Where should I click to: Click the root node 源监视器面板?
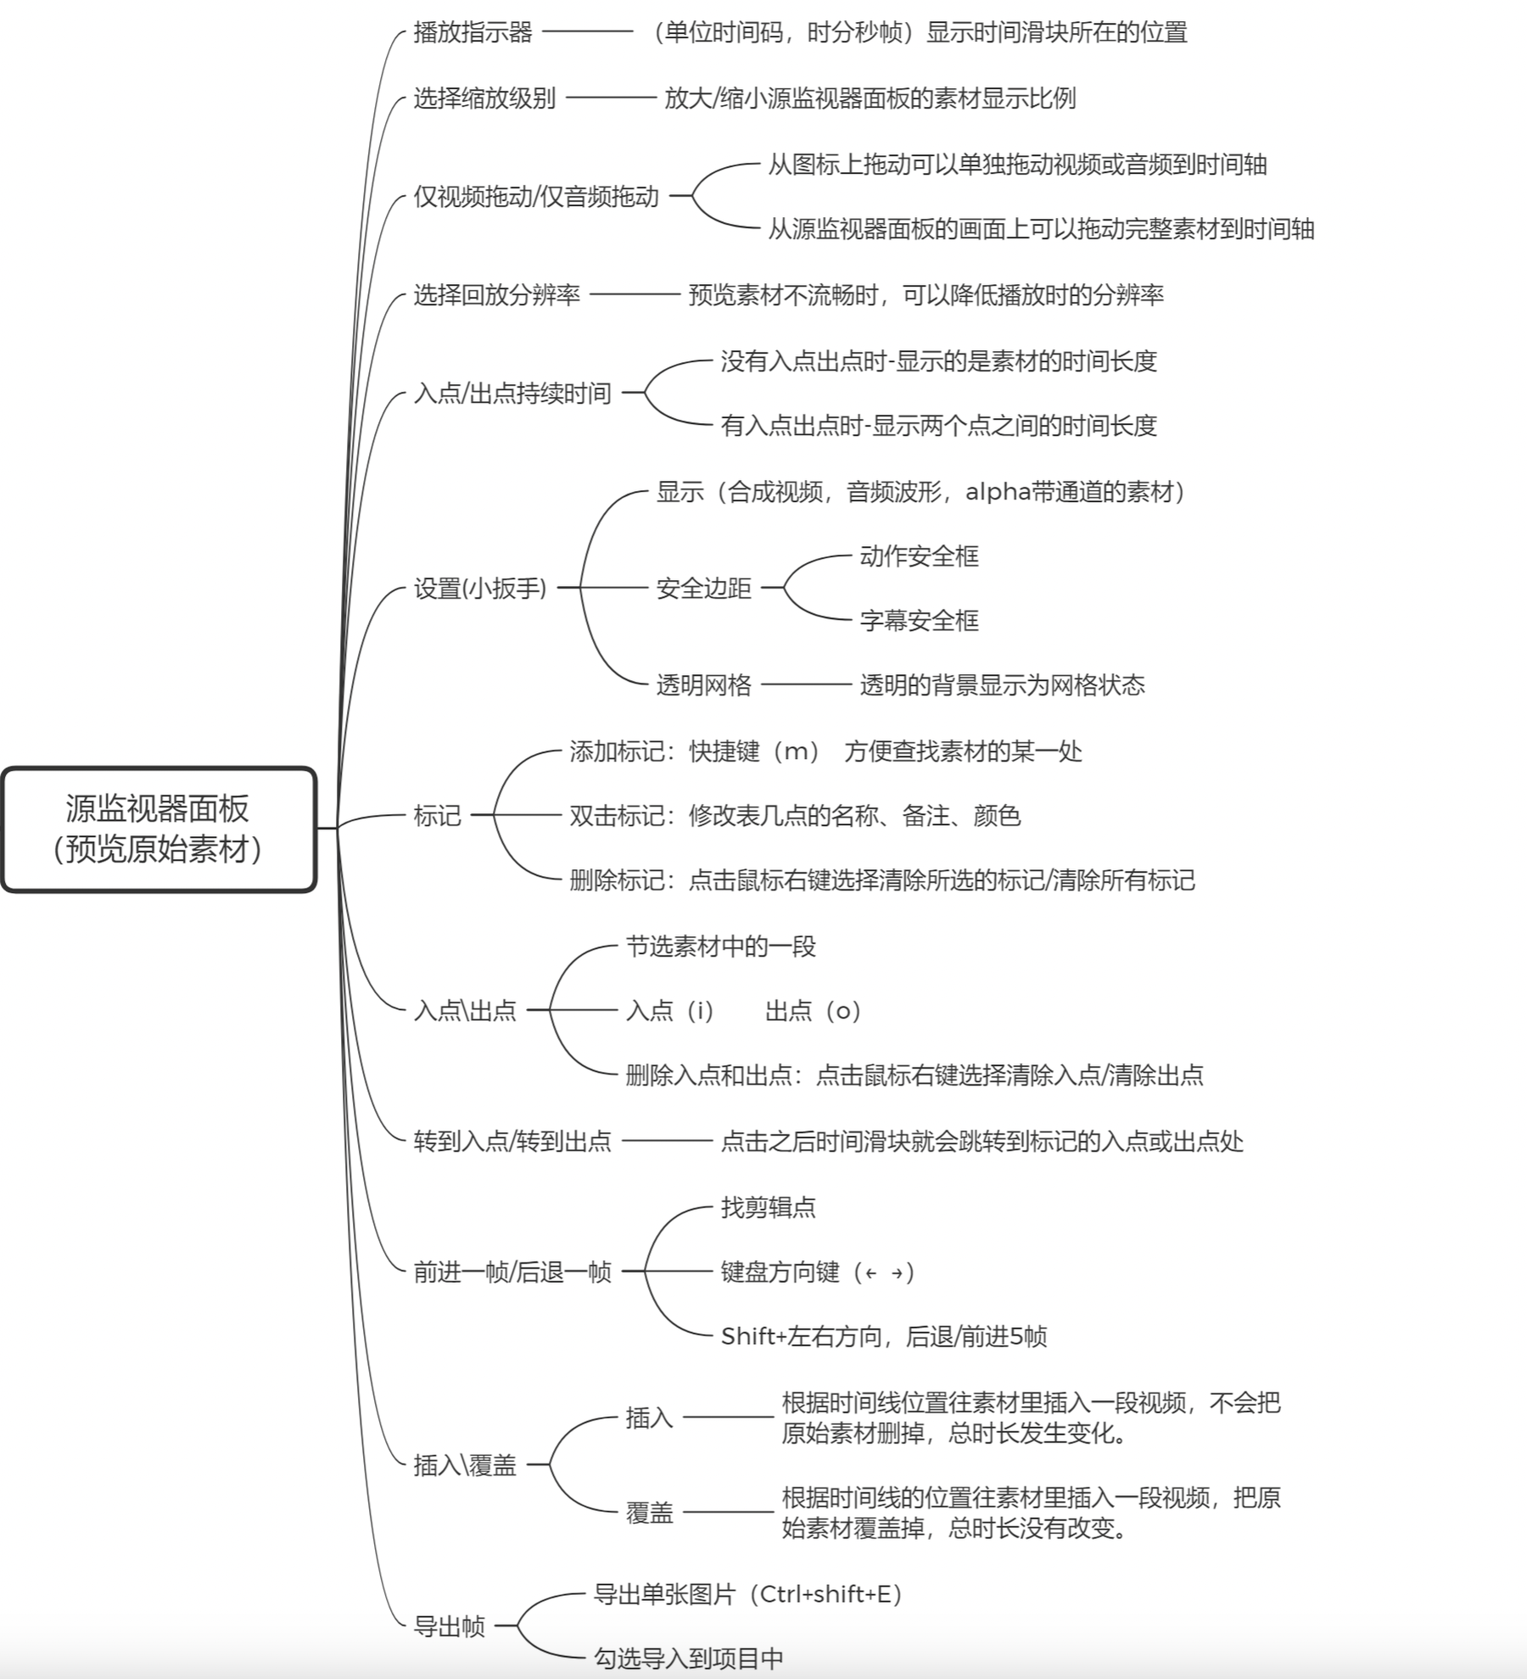pos(158,829)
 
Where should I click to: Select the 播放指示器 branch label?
pos(473,32)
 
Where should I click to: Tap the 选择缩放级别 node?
pos(484,98)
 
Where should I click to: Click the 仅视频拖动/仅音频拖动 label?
pos(536,197)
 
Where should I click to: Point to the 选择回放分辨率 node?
pos(496,295)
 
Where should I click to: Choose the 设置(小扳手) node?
pos(480,588)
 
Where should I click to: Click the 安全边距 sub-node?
pos(704,588)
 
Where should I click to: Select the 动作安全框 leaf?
pos(920,556)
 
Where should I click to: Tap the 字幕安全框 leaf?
pos(920,621)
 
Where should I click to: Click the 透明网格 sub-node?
pos(704,684)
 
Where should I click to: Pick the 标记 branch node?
pos(437,816)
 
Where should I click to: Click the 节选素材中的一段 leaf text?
pos(721,946)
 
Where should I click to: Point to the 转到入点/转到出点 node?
pos(512,1141)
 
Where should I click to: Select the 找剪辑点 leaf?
pos(769,1208)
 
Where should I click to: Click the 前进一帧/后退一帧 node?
pos(512,1272)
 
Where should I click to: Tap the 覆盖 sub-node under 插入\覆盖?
pos(650,1513)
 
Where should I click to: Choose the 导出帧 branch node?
pos(449,1626)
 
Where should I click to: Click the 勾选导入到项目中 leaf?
pos(688,1659)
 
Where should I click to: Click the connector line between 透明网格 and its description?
pos(806,684)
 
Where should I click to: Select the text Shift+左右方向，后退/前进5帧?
pos(884,1336)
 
